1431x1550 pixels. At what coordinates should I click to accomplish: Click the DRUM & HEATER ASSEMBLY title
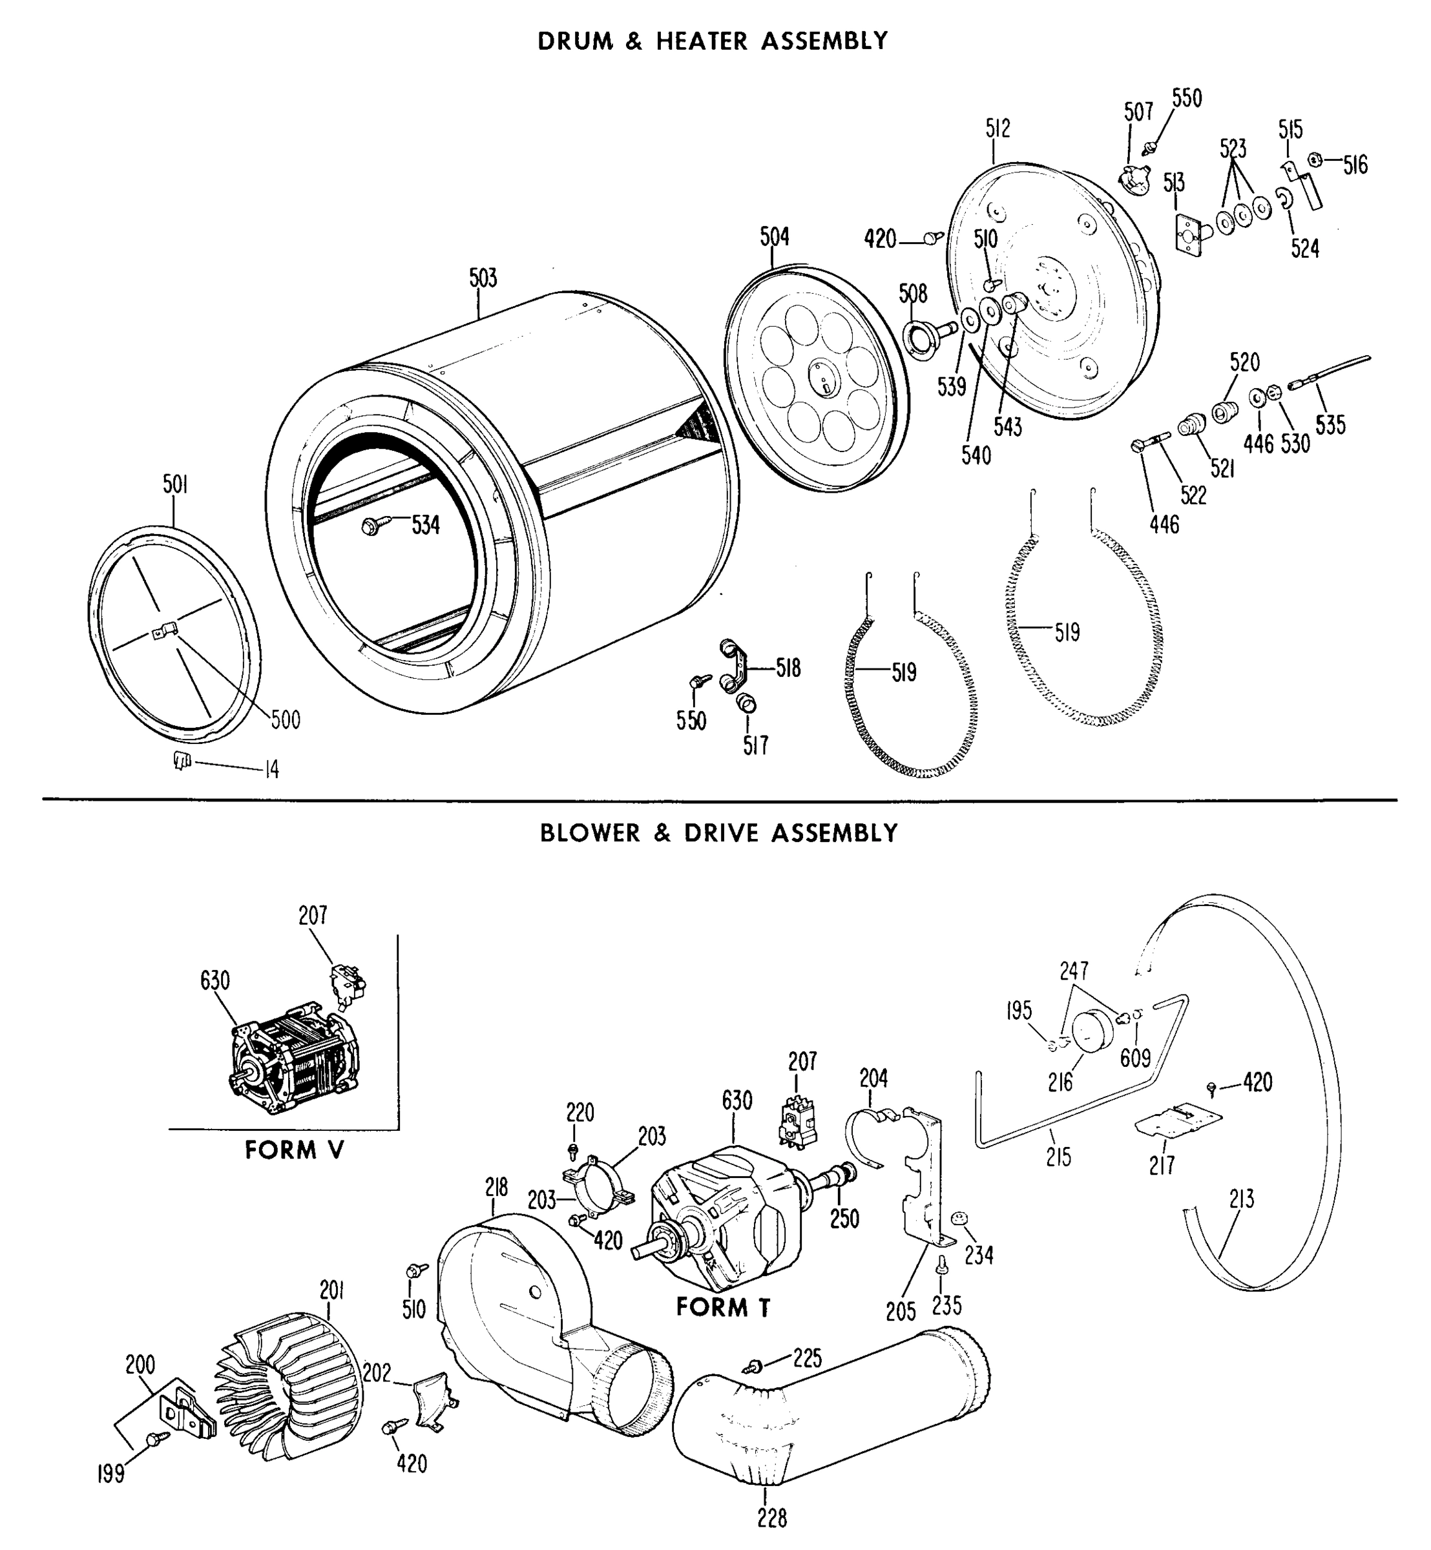click(x=713, y=41)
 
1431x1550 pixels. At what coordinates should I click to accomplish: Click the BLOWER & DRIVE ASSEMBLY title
click(x=718, y=833)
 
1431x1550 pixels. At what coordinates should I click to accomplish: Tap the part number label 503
click(x=483, y=278)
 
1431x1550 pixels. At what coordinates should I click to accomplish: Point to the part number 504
click(x=775, y=237)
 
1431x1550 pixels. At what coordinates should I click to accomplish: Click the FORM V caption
click(x=294, y=1150)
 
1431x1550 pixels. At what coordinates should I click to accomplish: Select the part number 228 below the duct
click(x=772, y=1519)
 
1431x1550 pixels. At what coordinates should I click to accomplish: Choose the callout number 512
click(x=998, y=129)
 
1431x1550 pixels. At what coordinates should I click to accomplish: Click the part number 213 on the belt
click(x=1240, y=1199)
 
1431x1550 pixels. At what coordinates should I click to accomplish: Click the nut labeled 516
click(x=1314, y=160)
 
